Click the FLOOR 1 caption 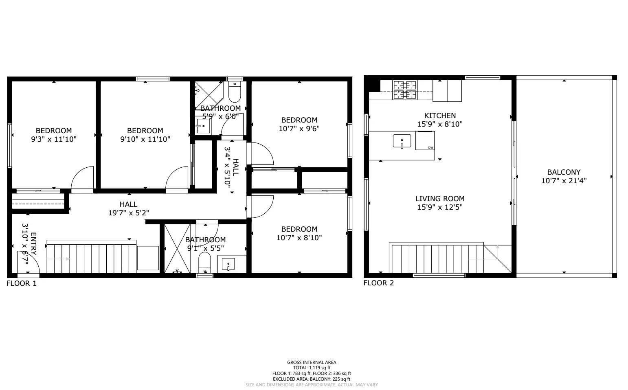(22, 283)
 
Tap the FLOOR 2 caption (378, 283)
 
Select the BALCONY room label (564, 172)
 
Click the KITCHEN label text (440, 116)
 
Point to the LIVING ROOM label (440, 199)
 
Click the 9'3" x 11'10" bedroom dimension (54, 139)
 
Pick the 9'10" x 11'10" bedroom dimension (145, 139)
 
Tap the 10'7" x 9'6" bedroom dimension (299, 129)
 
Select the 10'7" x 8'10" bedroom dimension (299, 238)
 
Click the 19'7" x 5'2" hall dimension (128, 213)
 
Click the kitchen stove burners (405, 90)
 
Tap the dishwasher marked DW (425, 140)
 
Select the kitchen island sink (402, 141)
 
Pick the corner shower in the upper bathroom (208, 92)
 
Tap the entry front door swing (27, 263)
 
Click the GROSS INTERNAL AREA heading (312, 362)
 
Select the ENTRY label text (33, 244)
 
